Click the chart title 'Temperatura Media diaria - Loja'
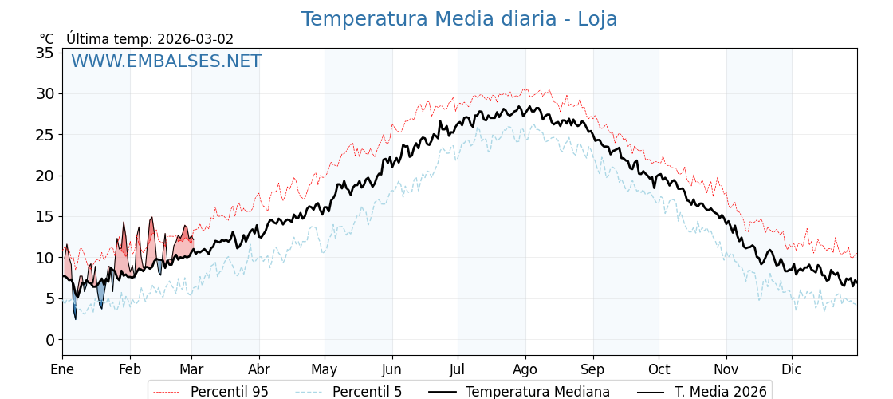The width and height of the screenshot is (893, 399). point(458,19)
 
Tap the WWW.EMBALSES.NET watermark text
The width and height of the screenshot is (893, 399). point(166,61)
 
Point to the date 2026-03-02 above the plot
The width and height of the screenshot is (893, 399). point(195,39)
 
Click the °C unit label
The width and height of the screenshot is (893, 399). point(47,39)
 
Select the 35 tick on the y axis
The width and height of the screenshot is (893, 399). point(45,53)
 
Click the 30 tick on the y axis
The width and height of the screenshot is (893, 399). point(45,93)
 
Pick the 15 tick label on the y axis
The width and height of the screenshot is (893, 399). point(45,216)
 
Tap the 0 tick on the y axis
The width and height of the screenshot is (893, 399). point(49,340)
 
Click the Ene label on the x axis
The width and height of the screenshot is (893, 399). point(62,369)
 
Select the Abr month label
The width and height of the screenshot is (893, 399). point(258,369)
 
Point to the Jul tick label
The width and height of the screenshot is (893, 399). point(458,369)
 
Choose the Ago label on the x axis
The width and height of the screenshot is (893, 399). point(525,369)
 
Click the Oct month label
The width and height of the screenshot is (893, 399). point(659,369)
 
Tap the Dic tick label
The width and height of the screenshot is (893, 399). point(792,369)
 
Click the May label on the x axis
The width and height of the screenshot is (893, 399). point(325,369)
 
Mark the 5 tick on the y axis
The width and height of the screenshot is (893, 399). point(49,298)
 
